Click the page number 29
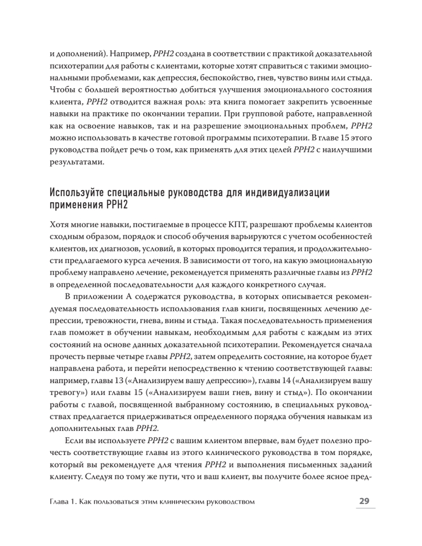[364, 502]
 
